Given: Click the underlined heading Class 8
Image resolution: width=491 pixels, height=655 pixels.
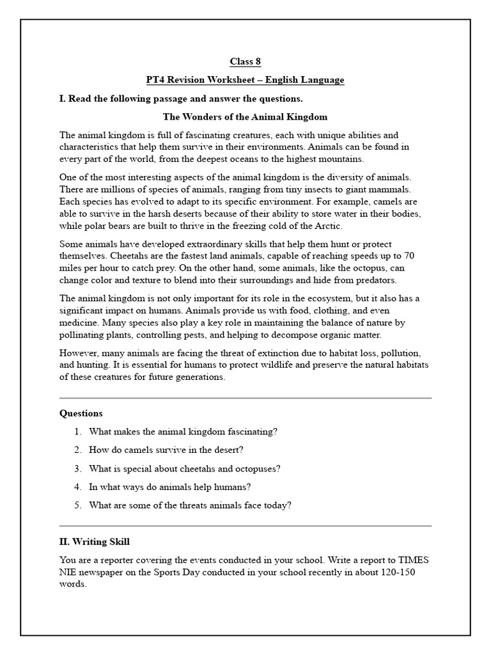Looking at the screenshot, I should (x=245, y=62).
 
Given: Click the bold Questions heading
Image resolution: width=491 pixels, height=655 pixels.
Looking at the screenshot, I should (x=81, y=413).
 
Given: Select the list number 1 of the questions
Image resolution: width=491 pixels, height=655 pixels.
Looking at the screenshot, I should (x=77, y=432).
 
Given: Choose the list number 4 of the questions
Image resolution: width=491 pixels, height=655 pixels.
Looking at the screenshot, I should (x=77, y=487).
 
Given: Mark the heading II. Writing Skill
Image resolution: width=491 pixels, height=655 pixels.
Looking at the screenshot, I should (x=95, y=542).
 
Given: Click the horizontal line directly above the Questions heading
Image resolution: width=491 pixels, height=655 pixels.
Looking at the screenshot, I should (x=245, y=398).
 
